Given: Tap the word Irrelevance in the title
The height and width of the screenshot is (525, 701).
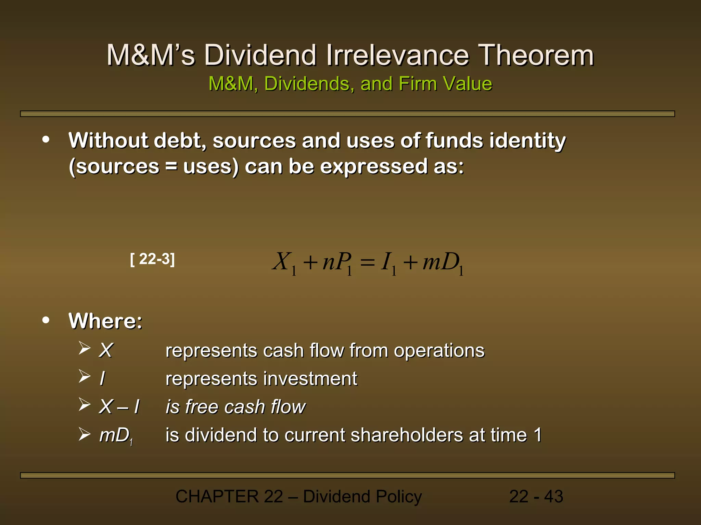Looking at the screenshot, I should coord(397,55).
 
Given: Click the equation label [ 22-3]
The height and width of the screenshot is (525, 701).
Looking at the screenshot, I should coord(153,259).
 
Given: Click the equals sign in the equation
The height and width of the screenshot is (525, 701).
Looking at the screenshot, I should coord(368,263).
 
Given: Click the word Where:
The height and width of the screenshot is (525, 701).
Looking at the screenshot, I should coord(105,321).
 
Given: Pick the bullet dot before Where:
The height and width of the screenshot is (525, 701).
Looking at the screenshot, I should coord(46,320).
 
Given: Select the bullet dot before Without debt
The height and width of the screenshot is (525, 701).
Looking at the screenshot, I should coord(46,140).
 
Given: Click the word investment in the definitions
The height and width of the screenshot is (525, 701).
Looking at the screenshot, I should coord(310,379).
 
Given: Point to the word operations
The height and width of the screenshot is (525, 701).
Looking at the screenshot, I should coord(439,351).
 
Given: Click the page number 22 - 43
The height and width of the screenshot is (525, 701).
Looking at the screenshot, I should coord(536,497).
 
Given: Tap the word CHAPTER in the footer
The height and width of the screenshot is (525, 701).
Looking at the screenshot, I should coord(217,497).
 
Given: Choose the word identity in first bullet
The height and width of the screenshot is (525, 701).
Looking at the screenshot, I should coord(527,141).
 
